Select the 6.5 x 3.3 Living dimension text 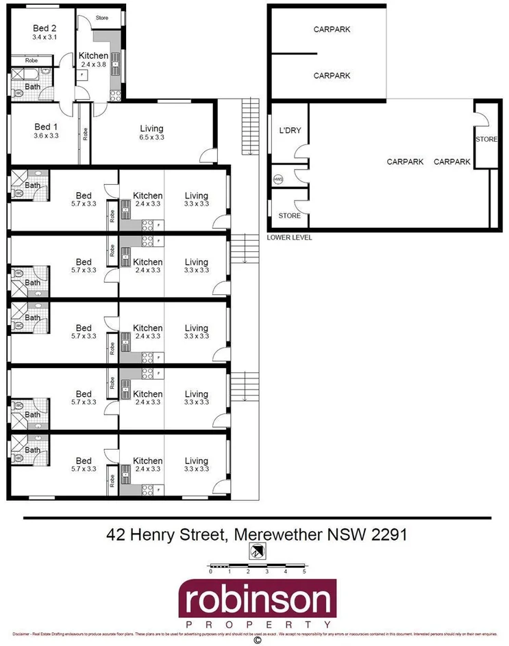(x=151, y=138)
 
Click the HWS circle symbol (x=277, y=179)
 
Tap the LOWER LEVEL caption (x=289, y=237)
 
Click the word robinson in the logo (x=258, y=602)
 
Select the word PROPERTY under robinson (x=258, y=625)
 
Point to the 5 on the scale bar (x=303, y=571)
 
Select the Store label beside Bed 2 (x=102, y=18)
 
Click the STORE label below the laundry (x=289, y=216)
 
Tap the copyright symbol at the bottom (x=258, y=641)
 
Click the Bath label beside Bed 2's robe (x=33, y=87)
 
